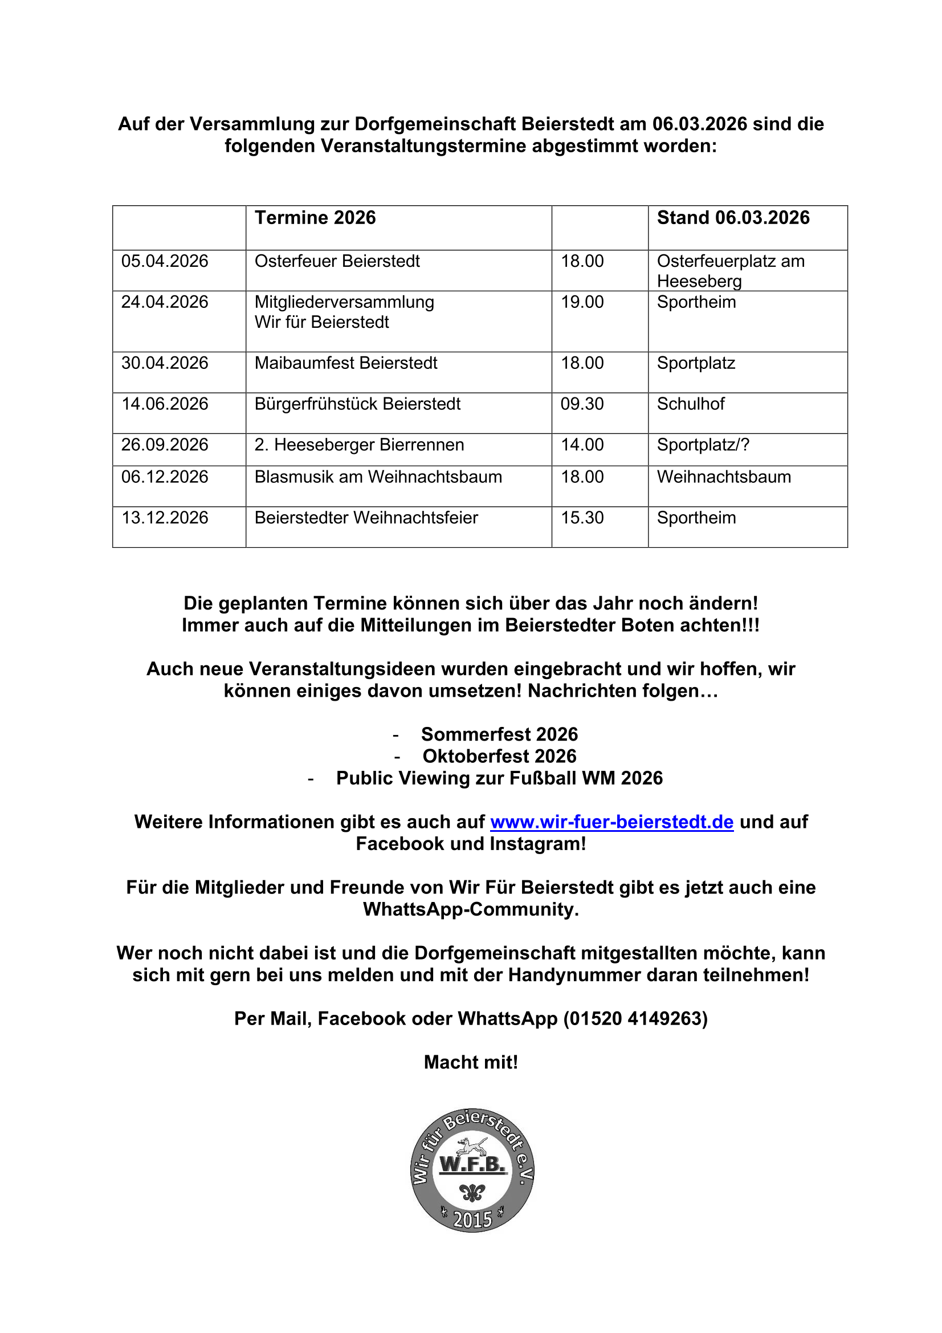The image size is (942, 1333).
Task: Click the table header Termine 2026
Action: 315,218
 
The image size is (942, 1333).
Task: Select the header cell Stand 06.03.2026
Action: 732,218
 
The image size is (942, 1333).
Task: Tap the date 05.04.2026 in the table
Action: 164,261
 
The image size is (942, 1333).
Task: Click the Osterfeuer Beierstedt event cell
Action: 337,261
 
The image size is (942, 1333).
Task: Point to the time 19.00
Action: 582,302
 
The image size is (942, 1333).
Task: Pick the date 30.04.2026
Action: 164,363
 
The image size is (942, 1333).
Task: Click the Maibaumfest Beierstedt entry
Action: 346,363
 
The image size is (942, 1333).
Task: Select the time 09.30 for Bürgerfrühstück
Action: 582,404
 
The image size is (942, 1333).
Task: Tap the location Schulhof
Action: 690,404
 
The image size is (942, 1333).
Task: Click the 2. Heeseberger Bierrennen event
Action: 359,445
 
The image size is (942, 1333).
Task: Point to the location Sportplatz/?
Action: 703,445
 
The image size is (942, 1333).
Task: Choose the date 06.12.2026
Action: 164,477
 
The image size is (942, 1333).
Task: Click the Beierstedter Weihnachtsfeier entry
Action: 366,517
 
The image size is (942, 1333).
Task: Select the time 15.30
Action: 582,517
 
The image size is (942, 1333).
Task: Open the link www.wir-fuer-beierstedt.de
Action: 611,822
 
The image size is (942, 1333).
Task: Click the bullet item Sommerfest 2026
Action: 499,734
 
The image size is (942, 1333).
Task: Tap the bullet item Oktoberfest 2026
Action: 499,756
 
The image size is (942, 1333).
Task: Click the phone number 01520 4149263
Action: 635,1018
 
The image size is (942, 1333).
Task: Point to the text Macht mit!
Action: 471,1062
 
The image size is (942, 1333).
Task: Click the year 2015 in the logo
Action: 472,1219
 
